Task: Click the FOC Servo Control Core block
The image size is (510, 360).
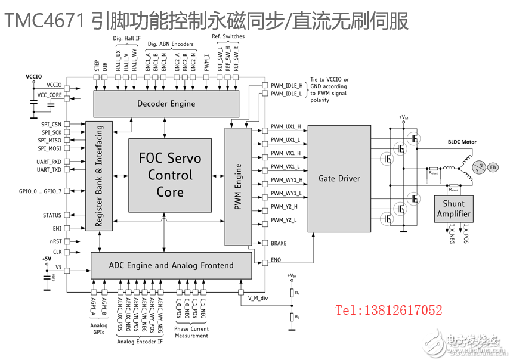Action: [x=170, y=175]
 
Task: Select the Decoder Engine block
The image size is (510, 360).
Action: [x=166, y=104]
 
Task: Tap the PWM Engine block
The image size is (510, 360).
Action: [x=238, y=185]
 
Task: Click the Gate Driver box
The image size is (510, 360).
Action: [x=339, y=178]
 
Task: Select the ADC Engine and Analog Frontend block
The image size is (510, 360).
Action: [x=171, y=265]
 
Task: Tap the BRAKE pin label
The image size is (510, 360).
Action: [x=279, y=243]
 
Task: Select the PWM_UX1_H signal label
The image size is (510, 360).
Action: [x=286, y=127]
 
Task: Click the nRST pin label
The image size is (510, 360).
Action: [x=55, y=241]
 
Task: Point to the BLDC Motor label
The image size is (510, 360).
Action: [x=462, y=142]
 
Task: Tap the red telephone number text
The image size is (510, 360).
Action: [x=388, y=310]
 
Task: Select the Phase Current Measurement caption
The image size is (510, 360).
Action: [x=191, y=332]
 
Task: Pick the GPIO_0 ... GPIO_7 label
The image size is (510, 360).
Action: [x=40, y=191]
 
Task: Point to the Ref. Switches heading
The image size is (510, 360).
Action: [x=228, y=36]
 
